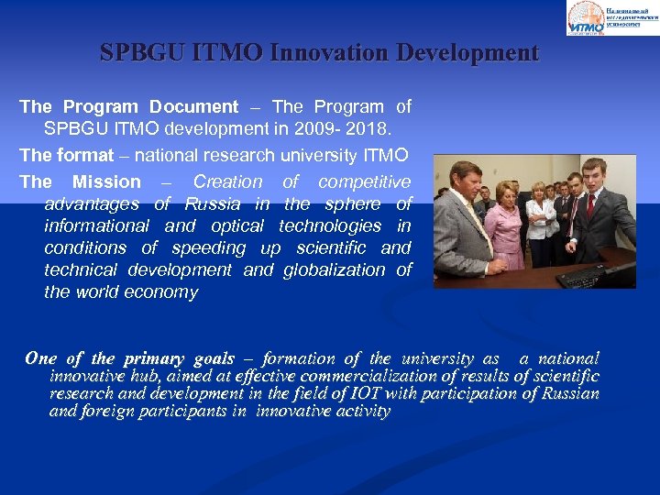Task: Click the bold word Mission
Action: [106, 181]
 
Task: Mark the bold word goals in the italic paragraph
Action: [214, 358]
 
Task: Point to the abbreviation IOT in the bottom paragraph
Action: [368, 393]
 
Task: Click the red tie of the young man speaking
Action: [590, 206]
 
